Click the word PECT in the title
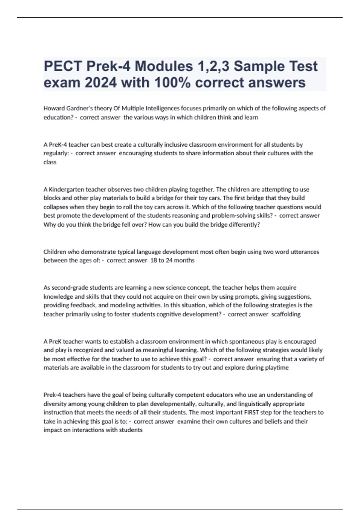click(63, 66)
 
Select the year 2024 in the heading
click(101, 83)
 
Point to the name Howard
click(54, 108)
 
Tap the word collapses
click(55, 207)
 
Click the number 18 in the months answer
click(154, 260)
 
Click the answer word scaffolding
click(286, 314)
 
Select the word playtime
click(277, 368)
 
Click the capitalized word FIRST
click(251, 412)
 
